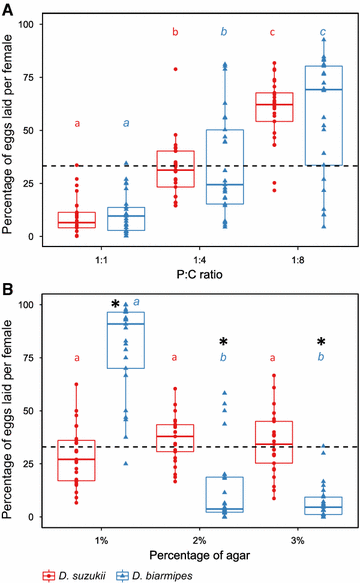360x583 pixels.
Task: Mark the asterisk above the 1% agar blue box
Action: pyautogui.click(x=117, y=305)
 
